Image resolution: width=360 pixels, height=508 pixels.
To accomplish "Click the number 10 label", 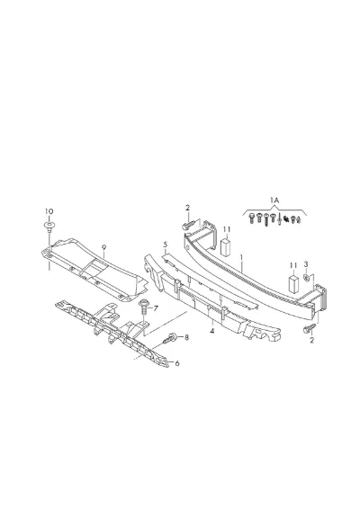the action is tap(49, 211).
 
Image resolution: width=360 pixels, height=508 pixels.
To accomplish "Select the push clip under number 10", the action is tap(49, 227).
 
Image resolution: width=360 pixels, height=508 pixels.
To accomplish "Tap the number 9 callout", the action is tap(103, 247).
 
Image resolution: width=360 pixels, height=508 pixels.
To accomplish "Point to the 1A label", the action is tap(274, 201).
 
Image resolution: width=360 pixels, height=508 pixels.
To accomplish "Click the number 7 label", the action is tap(156, 308).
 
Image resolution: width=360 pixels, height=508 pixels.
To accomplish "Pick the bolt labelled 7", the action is tap(144, 307).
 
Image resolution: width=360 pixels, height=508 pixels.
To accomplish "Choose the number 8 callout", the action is tap(186, 337).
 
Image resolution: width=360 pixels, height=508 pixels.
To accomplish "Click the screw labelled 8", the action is tap(170, 338).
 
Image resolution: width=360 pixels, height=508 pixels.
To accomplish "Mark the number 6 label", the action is tap(177, 363).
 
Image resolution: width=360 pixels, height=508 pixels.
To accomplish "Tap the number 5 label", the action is tap(165, 244).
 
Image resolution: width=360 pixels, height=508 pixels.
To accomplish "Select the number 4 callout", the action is tap(212, 331).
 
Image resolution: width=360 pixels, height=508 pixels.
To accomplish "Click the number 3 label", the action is tap(306, 264).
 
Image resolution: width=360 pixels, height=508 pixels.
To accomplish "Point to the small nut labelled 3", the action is tap(306, 277).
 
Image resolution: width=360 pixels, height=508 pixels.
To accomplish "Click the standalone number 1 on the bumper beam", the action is tap(241, 257).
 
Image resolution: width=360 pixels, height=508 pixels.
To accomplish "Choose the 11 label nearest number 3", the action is tap(292, 265).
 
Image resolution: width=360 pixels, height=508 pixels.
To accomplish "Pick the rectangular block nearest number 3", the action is tap(293, 284).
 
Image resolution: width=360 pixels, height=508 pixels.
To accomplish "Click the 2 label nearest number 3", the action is tap(311, 340).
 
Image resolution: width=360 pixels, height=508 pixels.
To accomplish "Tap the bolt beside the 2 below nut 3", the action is tap(309, 328).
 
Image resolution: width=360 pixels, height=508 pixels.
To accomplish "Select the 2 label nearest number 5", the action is tap(187, 208).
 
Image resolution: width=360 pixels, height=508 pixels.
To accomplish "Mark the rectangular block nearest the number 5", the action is tap(226, 248).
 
